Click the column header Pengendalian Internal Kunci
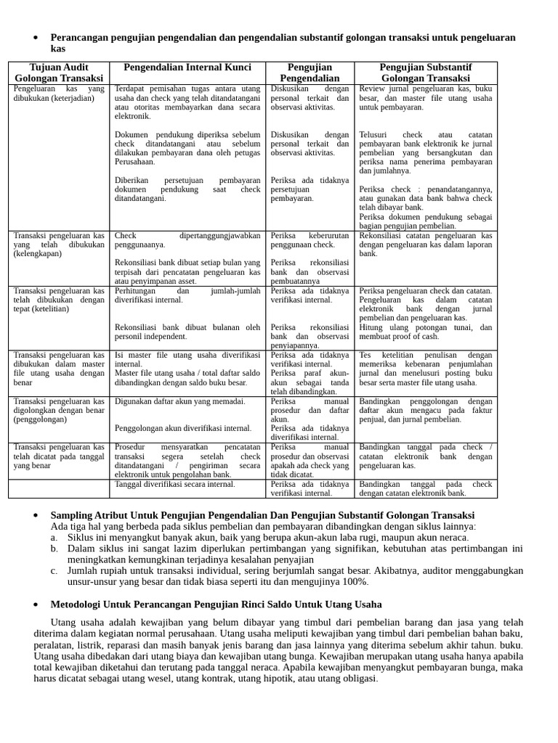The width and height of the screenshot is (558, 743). pyautogui.click(x=187, y=67)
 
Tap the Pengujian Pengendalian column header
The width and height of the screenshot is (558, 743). pyautogui.click(x=310, y=73)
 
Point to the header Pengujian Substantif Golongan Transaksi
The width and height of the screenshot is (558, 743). pyautogui.click(x=426, y=73)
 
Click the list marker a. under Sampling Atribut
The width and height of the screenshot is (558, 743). pyautogui.click(x=54, y=538)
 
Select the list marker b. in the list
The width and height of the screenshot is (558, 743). pyautogui.click(x=54, y=549)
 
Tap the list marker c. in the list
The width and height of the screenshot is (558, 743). pyautogui.click(x=54, y=571)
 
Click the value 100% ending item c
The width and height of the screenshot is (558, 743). pyautogui.click(x=356, y=582)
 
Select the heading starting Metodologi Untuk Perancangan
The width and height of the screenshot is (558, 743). pyautogui.click(x=216, y=604)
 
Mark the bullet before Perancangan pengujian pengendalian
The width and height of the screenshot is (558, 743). pyautogui.click(x=36, y=38)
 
